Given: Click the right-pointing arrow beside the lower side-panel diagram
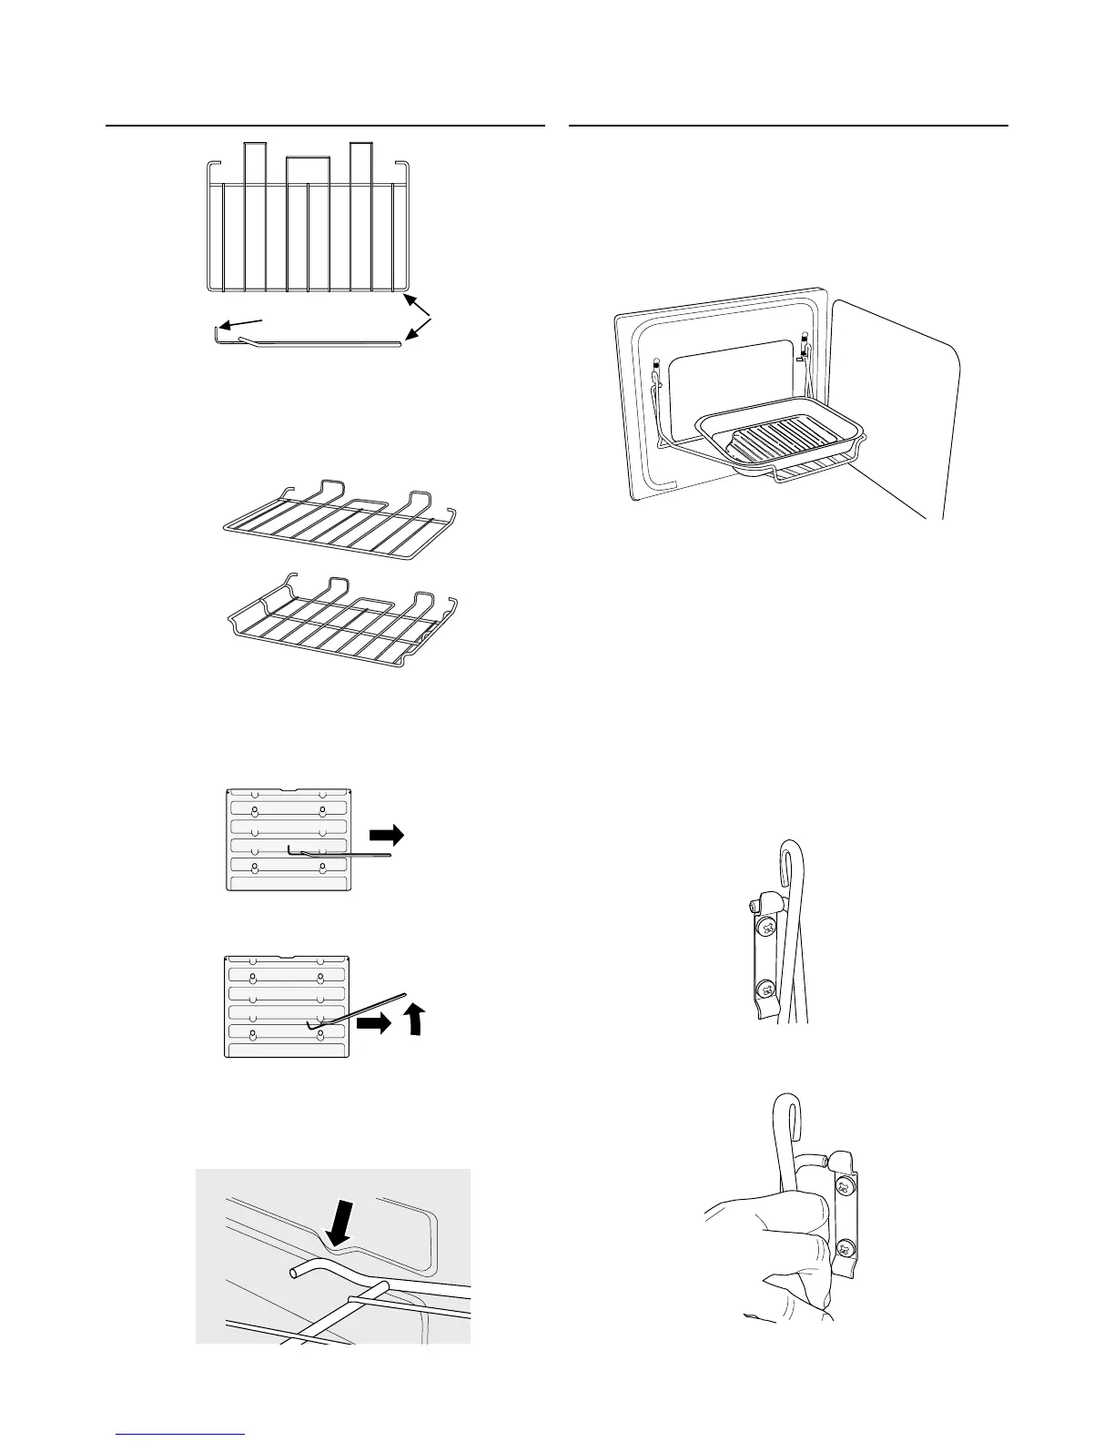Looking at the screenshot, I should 373,1023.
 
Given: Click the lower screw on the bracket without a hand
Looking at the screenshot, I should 766,987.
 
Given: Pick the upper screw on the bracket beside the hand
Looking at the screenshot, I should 846,1184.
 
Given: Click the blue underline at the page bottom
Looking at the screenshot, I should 182,1435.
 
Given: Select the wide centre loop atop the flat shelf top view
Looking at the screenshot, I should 308,168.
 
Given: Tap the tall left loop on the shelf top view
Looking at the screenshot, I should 254,159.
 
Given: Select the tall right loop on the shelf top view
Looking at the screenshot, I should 360,159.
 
